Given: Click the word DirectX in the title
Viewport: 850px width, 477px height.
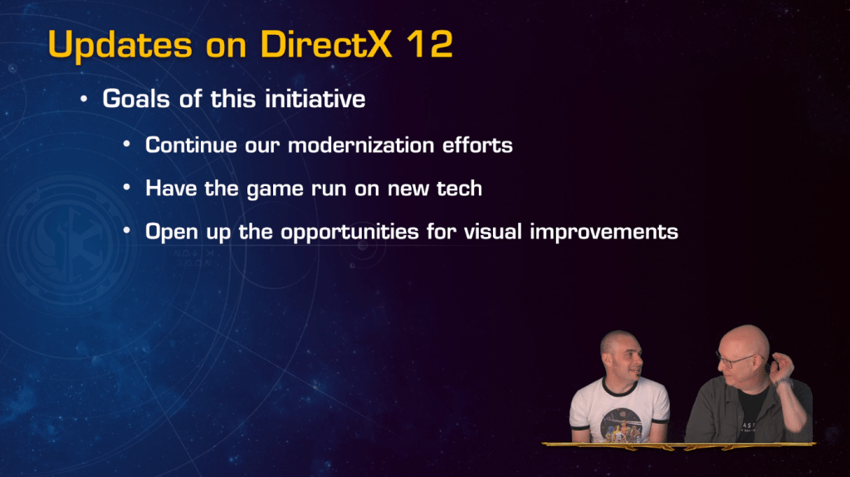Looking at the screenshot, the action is [325, 43].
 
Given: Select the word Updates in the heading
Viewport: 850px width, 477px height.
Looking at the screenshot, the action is [120, 45].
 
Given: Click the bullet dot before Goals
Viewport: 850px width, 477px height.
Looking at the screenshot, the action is [84, 100].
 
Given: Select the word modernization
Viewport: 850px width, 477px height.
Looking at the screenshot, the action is [361, 145].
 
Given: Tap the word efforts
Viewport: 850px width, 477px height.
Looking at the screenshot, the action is [477, 145].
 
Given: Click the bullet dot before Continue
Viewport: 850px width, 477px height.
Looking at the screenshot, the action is [127, 145].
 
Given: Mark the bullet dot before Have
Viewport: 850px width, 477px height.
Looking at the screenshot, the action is [127, 188].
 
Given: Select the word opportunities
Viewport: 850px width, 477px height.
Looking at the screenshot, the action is [349, 232].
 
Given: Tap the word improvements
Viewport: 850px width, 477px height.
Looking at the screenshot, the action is [604, 232].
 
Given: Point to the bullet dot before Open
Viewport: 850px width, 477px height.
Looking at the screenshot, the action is [127, 231].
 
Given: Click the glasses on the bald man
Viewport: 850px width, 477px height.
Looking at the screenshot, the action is [736, 359].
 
